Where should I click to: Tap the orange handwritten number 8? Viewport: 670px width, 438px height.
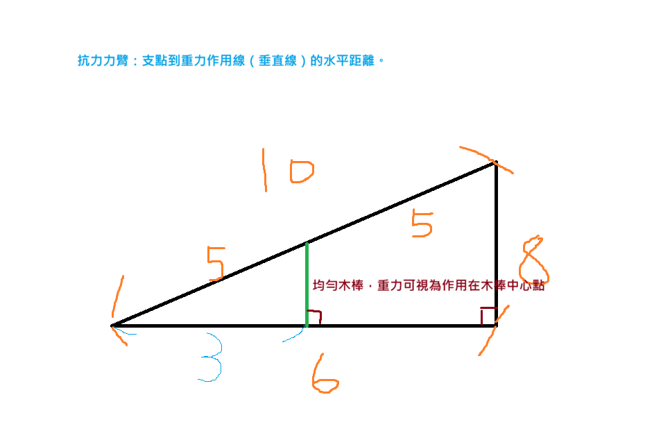point(533,262)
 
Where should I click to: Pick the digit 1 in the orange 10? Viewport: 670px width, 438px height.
point(264,169)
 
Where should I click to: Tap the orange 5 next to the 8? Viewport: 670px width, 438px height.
point(422,223)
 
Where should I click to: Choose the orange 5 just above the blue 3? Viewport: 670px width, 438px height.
point(216,263)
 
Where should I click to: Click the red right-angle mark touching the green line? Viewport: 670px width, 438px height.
point(316,316)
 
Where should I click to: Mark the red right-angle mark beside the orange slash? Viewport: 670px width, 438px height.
point(487,313)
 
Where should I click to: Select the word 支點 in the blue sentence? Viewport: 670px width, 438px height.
point(152,61)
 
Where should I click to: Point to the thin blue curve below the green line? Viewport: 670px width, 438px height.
point(293,336)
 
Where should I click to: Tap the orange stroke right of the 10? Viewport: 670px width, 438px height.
point(486,159)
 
